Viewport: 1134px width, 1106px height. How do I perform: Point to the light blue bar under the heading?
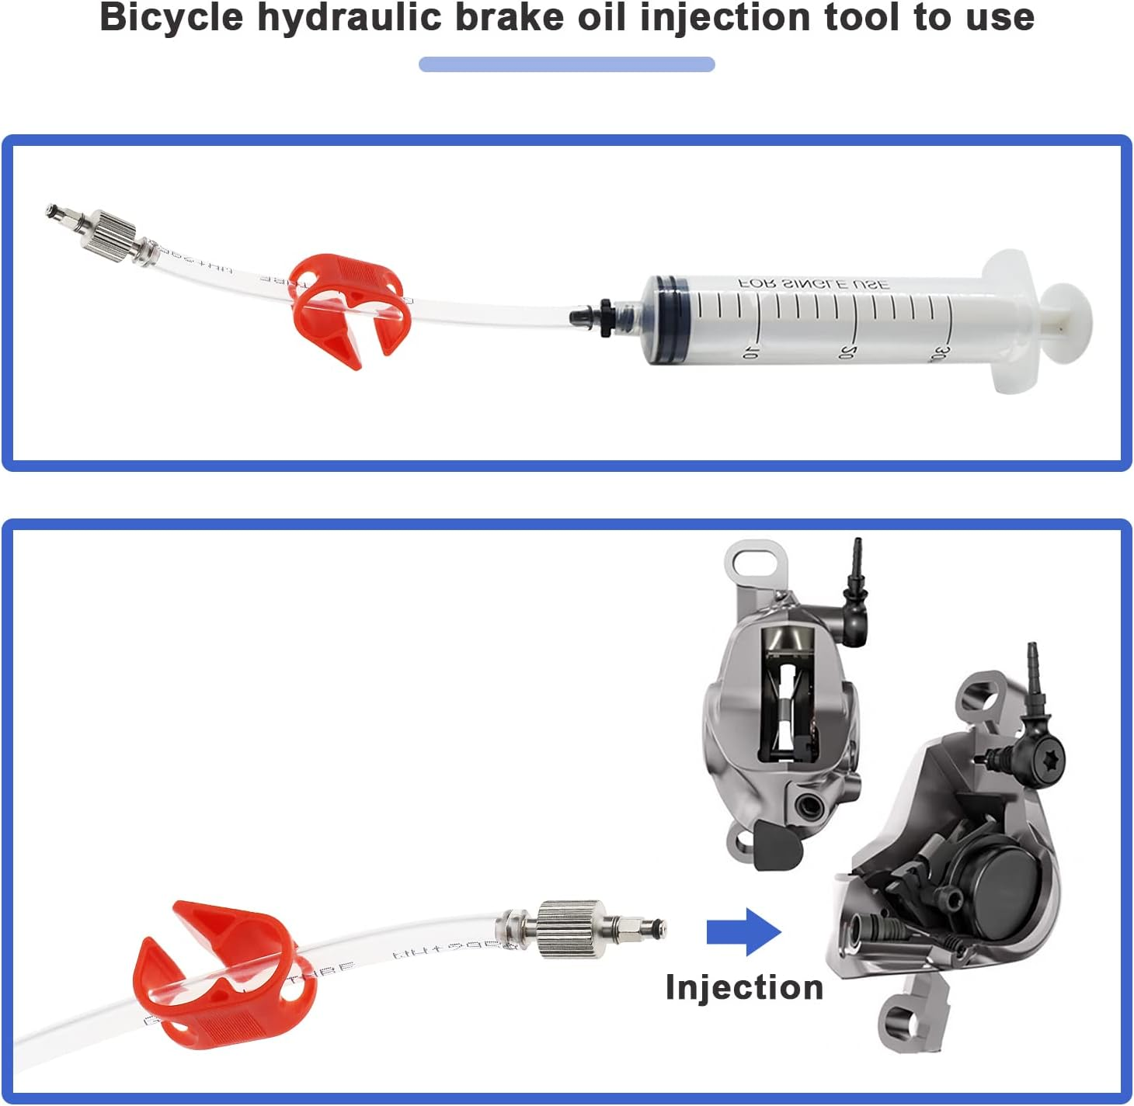pos(566,64)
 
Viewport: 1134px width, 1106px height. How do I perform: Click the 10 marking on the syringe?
pos(750,352)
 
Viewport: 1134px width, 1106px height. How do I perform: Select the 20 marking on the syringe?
pos(847,352)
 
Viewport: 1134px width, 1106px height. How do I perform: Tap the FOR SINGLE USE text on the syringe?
pos(814,284)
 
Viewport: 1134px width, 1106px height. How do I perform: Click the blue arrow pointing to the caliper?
pos(743,931)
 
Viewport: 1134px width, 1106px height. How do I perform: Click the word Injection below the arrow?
pos(744,987)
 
